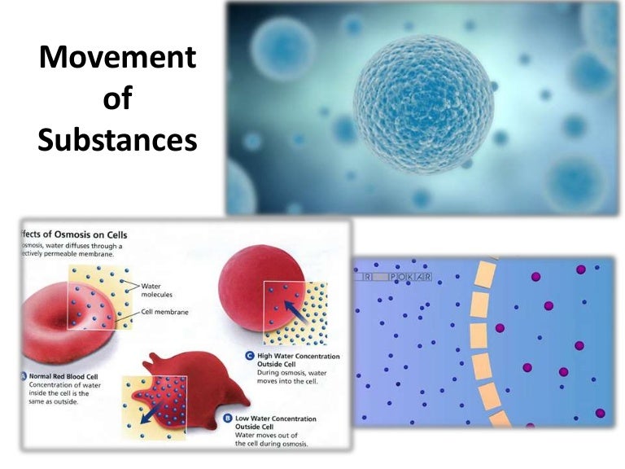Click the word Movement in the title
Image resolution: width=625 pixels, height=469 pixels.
pos(118,58)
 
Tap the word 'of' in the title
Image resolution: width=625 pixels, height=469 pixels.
pos(118,99)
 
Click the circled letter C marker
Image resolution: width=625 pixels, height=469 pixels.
pos(250,356)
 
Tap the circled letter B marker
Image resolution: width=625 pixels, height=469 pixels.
pos(227,418)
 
